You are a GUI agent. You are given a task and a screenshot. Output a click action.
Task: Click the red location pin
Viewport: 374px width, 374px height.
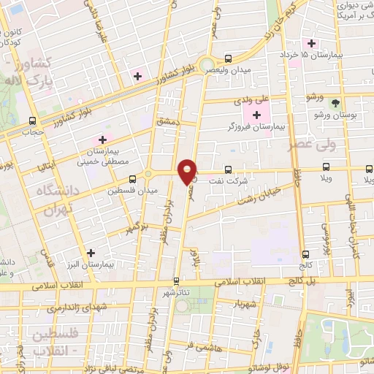click(x=188, y=172)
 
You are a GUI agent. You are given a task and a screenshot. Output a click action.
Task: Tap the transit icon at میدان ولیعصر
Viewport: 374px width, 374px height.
click(x=229, y=58)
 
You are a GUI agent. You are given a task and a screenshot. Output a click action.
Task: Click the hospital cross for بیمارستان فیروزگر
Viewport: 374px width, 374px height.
click(x=256, y=115)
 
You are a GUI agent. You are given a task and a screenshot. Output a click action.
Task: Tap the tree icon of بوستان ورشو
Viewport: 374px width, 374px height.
click(x=336, y=103)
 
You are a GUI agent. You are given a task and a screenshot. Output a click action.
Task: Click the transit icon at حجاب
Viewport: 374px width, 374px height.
click(x=31, y=121)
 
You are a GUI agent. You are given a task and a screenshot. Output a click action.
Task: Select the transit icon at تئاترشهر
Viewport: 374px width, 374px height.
click(x=175, y=280)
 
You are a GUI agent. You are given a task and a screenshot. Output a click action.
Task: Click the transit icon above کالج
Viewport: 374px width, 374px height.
click(x=305, y=254)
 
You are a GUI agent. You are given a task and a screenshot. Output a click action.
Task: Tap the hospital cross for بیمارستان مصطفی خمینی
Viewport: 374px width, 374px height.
click(x=102, y=139)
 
